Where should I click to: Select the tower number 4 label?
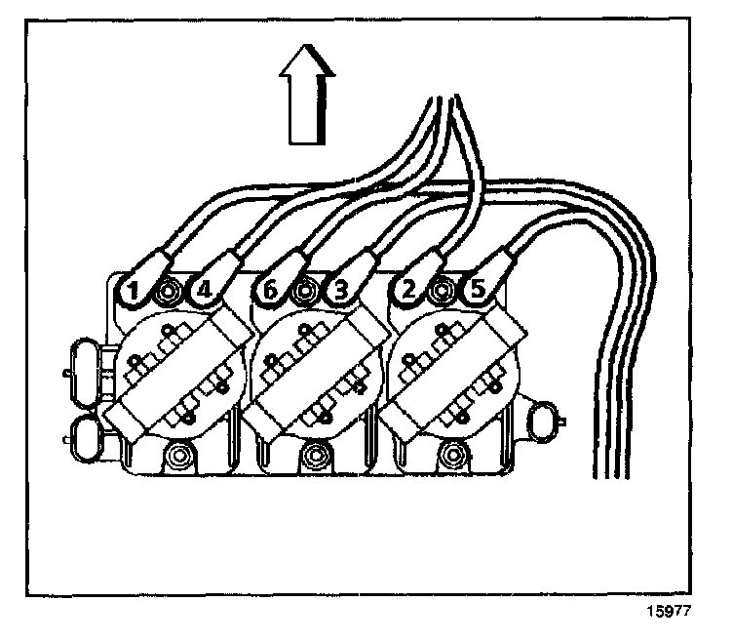pos(203,290)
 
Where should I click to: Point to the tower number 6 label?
pos(270,290)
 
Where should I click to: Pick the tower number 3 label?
pos(340,290)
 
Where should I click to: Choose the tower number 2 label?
pos(407,290)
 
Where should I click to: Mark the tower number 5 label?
pos(478,290)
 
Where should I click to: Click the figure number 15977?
pos(673,616)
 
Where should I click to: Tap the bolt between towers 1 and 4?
pos(169,290)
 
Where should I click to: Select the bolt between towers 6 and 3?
pos(306,290)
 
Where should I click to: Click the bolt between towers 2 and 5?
pos(444,290)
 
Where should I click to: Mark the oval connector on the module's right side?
pos(545,423)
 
